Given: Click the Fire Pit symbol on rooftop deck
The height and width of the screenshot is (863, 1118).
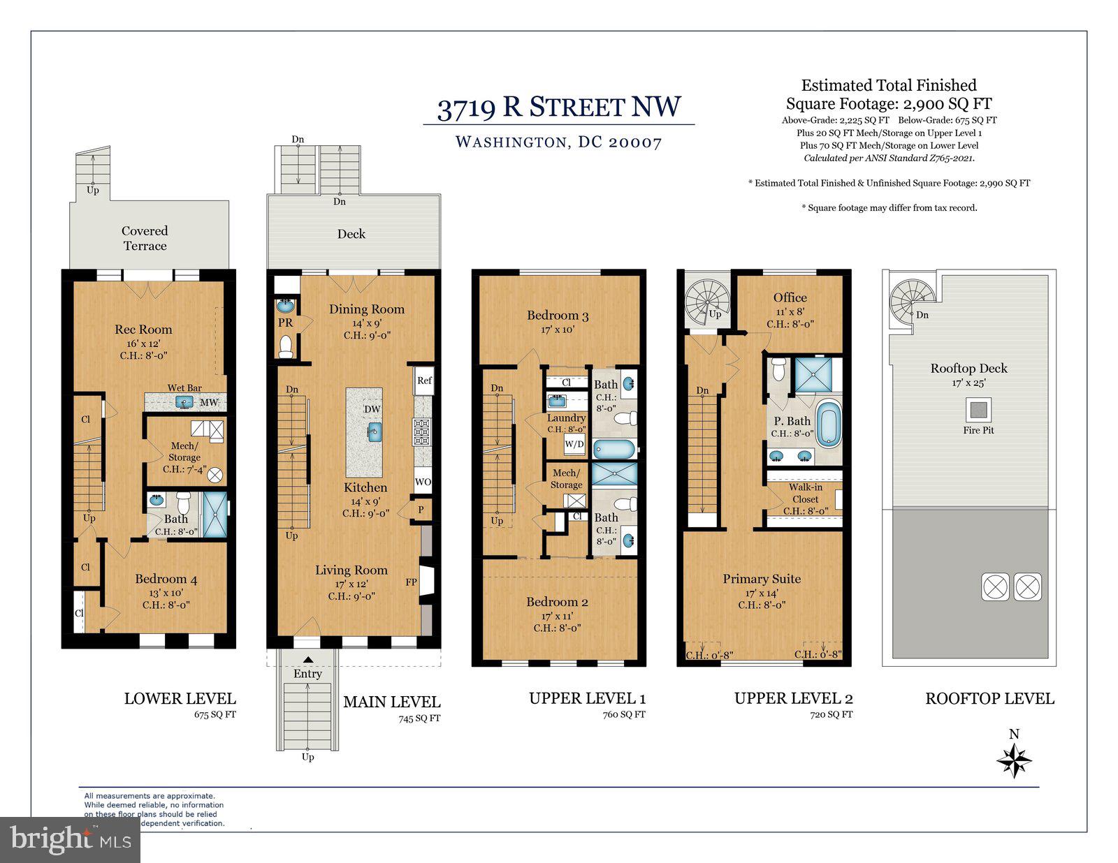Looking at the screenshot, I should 978,408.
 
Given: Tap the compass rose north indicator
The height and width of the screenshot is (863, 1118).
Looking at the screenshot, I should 1014,760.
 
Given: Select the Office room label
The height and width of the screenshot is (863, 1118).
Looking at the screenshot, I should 790,297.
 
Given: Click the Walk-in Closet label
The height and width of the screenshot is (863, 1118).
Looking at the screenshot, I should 805,493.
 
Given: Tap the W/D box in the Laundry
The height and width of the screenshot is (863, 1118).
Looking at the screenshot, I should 574,444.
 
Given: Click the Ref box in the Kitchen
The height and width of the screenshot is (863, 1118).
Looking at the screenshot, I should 424,381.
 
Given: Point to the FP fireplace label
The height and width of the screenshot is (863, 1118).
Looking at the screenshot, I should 412,582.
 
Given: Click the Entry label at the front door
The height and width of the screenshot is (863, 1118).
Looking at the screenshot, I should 307,674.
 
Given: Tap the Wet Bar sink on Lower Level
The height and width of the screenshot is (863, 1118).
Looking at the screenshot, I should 184,402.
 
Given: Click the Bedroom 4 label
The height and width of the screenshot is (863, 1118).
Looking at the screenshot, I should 166,579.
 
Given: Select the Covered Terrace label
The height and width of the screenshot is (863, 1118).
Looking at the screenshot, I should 145,238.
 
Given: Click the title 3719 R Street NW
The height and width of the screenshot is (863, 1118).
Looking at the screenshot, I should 558,108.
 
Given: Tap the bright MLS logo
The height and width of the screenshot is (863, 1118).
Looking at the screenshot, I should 70,839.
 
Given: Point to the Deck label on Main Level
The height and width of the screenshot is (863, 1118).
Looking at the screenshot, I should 351,234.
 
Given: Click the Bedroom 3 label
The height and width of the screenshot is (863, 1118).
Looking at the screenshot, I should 557,316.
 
